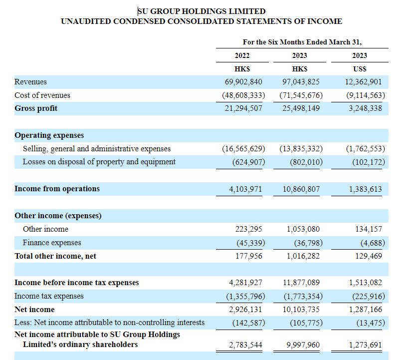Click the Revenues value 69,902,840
coord(243,82)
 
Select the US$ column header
coord(360,69)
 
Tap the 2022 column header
coord(242,55)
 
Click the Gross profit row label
coord(36,108)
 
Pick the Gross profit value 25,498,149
coord(301,108)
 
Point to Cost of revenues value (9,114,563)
coord(366,95)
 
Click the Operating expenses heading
coord(49,135)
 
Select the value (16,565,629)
coord(243,149)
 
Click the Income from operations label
coord(57,189)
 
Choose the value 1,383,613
coord(365,189)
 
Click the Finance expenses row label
coord(52,243)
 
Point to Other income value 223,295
coord(249,229)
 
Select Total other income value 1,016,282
coord(303,256)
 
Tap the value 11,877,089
coord(301,283)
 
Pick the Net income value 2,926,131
coord(245,310)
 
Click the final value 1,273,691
coord(365,345)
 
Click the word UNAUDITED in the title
coord(86,21)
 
